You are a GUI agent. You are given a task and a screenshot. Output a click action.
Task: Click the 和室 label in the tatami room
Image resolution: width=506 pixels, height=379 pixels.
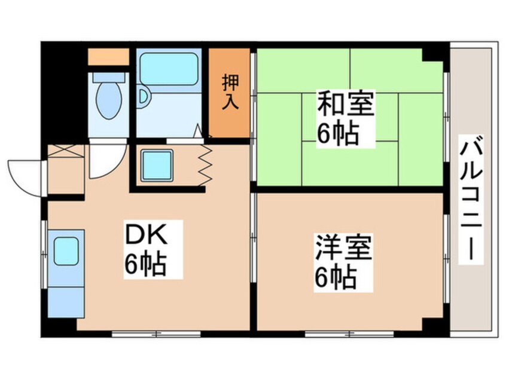[346, 103]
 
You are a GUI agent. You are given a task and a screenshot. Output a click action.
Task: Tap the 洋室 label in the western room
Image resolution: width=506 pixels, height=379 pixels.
[343, 247]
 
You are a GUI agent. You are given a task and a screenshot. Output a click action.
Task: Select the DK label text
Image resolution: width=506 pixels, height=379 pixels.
[146, 235]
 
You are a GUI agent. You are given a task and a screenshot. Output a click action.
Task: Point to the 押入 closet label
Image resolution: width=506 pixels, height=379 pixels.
[230, 92]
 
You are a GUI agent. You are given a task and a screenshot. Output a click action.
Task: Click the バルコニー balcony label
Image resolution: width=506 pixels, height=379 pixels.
[471, 198]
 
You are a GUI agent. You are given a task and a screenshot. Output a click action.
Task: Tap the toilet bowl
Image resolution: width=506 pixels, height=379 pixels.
[109, 99]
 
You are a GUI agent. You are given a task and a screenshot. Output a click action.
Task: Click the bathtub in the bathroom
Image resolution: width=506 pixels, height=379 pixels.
[169, 69]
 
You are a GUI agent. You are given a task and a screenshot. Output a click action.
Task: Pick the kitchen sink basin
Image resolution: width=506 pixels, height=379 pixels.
[66, 251]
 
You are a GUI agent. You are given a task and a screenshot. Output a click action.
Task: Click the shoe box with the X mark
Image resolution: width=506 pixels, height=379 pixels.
[66, 151]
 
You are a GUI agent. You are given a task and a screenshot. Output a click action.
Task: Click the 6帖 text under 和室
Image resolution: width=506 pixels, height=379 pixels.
[337, 133]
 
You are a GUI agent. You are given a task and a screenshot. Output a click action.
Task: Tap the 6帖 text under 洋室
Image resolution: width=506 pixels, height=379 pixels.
[336, 278]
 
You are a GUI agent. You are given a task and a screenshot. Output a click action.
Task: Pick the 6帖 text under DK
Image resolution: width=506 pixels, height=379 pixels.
[145, 264]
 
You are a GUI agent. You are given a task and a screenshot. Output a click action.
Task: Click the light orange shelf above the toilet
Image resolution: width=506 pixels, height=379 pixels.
[108, 57]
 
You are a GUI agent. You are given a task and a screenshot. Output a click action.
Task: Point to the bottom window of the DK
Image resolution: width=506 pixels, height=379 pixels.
[157, 334]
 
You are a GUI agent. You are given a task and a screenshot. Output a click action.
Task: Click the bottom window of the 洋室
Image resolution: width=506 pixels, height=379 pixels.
[349, 334]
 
